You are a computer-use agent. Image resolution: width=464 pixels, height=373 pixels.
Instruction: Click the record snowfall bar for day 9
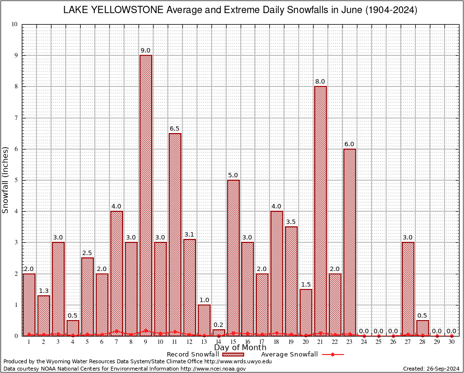click(x=145, y=194)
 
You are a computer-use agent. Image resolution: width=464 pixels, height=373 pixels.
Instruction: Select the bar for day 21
click(x=321, y=209)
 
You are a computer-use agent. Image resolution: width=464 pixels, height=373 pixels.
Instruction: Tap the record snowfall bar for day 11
click(x=175, y=233)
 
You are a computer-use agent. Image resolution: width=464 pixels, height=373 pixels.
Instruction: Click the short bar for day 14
click(x=219, y=333)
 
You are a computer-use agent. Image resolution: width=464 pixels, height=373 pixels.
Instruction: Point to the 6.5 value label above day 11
click(x=175, y=128)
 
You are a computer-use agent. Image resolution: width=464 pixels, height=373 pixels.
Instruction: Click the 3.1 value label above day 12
click(x=189, y=235)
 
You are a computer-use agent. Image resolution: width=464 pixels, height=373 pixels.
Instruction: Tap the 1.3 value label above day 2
click(x=44, y=290)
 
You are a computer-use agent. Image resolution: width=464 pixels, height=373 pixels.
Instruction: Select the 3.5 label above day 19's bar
click(x=291, y=222)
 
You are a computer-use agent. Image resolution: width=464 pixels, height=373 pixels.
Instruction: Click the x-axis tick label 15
click(x=233, y=342)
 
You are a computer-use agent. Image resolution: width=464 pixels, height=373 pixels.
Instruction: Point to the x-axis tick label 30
click(x=451, y=342)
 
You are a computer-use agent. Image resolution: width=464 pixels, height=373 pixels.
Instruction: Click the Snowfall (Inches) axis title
click(x=6, y=180)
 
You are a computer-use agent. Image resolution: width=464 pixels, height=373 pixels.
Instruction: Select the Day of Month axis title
click(x=240, y=347)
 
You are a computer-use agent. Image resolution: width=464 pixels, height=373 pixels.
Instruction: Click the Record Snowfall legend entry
click(x=193, y=354)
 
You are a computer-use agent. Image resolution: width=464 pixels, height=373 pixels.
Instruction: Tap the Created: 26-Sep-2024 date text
click(x=431, y=369)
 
